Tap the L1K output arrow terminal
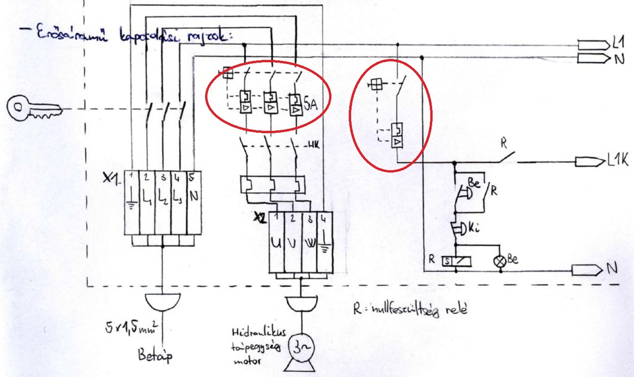pos(589,162)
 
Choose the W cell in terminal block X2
pos(309,244)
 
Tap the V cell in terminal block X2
pos(293,244)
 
